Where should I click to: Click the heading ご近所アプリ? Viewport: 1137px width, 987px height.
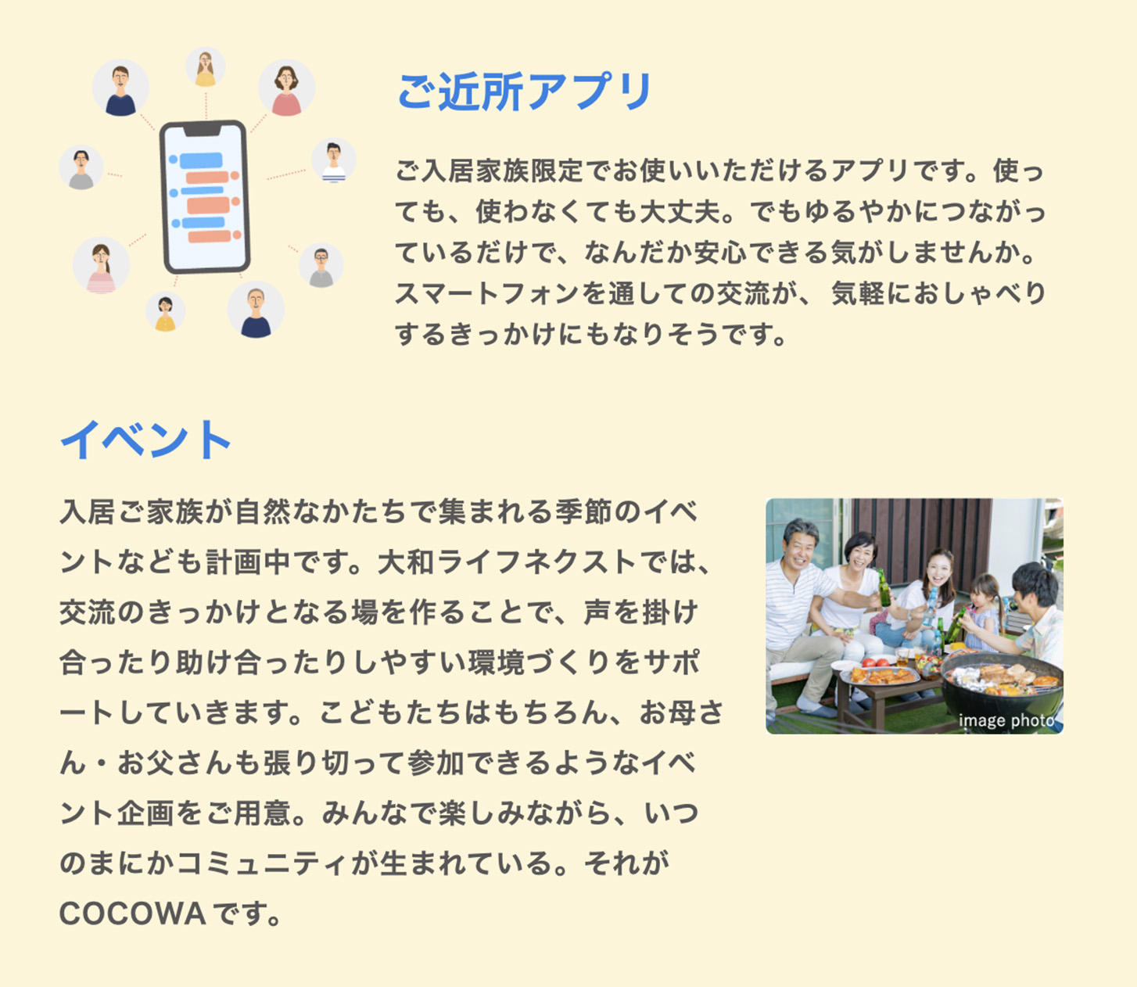point(525,92)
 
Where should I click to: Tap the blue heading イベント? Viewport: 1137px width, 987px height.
point(145,440)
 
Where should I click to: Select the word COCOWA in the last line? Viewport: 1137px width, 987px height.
point(132,913)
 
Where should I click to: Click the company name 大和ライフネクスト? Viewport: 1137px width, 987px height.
point(507,562)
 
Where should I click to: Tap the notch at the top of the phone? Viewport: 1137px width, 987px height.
point(203,130)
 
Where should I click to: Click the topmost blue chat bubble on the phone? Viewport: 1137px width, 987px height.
point(201,160)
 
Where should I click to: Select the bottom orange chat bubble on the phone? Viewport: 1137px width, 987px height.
point(209,236)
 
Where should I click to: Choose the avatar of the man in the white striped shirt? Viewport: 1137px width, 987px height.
point(333,160)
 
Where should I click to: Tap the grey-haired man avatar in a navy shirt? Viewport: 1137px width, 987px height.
point(256,310)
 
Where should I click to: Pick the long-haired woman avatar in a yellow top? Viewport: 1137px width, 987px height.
point(205,67)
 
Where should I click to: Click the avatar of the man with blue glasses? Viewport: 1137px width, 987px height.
point(321,265)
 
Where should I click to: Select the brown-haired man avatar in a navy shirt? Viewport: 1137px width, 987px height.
point(120,88)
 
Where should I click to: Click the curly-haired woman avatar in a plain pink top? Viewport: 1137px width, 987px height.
point(287,88)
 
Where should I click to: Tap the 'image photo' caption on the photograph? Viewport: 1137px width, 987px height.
point(1006,721)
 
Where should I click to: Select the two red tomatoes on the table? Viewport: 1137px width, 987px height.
point(875,662)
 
